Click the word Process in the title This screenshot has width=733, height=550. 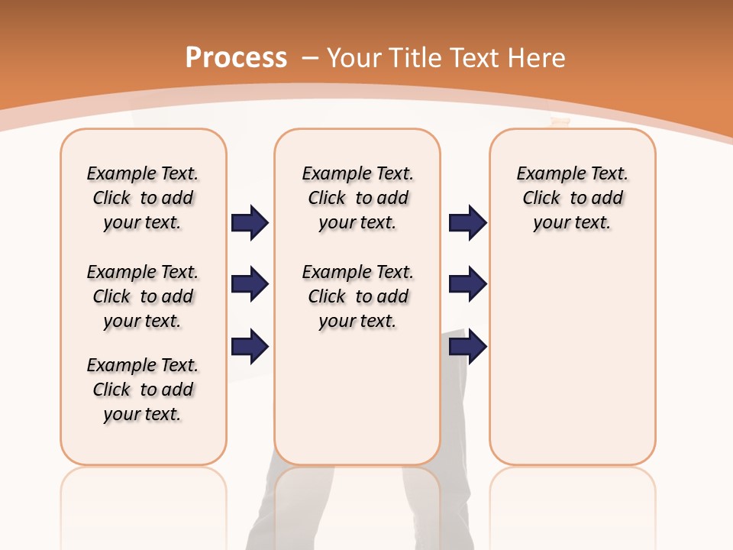pos(236,57)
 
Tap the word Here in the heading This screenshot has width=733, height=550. pos(537,57)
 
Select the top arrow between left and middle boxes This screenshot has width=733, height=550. pos(250,223)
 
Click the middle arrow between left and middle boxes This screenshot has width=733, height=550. pos(250,285)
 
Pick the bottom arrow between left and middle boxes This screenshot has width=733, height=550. pos(250,347)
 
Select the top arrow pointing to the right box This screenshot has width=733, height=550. pos(467,223)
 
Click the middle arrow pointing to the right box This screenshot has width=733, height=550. pos(467,285)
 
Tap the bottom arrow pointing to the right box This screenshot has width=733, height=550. pos(467,347)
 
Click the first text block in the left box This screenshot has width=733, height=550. pos(143,198)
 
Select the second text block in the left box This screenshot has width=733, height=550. pos(143,296)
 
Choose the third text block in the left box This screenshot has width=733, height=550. pos(143,390)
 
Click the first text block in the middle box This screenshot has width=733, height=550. pos(357,198)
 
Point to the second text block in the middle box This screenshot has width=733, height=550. pos(357,296)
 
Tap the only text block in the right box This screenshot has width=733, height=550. pos(572,198)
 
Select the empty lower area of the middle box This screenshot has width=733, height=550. pos(357,397)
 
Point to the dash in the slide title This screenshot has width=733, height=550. pos(309,57)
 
